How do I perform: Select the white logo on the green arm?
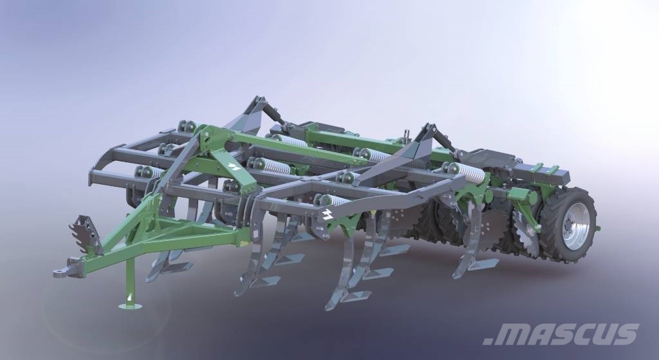coord(234,166)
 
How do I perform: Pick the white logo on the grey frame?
coord(327,214)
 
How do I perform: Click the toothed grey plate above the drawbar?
coord(86,234)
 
